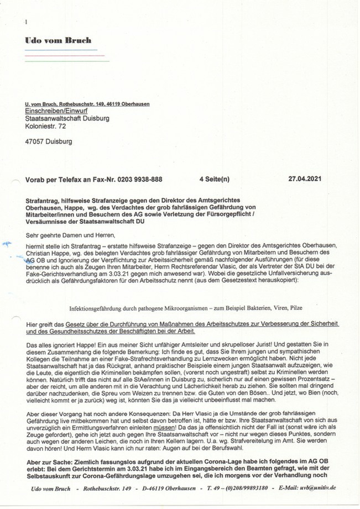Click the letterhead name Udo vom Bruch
tap(58, 40)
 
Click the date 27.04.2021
tap(305, 180)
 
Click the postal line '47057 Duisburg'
tap(48, 142)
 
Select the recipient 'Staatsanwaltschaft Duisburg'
tap(67, 118)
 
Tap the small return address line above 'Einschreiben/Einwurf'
tap(87, 104)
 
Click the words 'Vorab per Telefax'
tap(55, 180)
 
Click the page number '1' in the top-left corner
tap(26, 22)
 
